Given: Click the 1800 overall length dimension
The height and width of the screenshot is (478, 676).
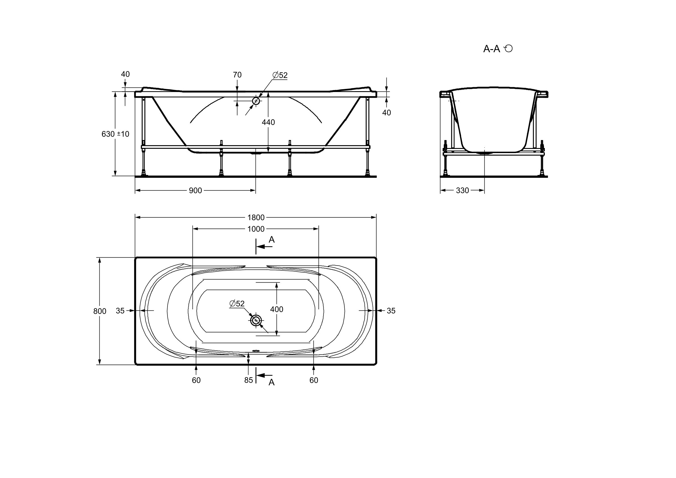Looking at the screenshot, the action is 256,217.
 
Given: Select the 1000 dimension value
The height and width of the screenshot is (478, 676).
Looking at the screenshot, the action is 256,229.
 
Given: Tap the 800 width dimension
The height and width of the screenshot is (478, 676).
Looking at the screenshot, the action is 100,311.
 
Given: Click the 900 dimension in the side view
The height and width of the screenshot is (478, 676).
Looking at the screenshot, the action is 196,191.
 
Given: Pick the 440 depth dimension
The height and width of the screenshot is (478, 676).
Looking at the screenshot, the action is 268,122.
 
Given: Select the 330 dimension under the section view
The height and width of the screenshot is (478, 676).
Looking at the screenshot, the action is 462,191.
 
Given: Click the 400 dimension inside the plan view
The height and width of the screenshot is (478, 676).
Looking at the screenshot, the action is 277,309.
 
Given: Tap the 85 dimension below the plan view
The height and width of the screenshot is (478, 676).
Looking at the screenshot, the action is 248,380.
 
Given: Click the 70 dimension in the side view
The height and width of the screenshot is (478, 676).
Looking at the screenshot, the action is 237,75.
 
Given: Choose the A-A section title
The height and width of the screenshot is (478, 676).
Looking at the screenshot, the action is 492,49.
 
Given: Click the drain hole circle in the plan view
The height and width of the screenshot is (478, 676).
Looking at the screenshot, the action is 256,320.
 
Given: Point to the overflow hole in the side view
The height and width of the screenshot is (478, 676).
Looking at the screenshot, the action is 256,101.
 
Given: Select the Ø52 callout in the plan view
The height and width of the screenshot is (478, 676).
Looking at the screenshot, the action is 237,303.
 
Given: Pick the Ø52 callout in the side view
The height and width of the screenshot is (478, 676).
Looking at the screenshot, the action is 280,75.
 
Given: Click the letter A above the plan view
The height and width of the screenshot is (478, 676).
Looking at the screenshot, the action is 272,240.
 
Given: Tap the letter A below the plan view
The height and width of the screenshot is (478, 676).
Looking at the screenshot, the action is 272,382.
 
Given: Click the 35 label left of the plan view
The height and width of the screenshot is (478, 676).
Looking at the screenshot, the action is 120,311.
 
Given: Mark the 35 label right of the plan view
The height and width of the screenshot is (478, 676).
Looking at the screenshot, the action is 391,311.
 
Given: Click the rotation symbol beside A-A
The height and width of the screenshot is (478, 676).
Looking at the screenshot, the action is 508,48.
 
